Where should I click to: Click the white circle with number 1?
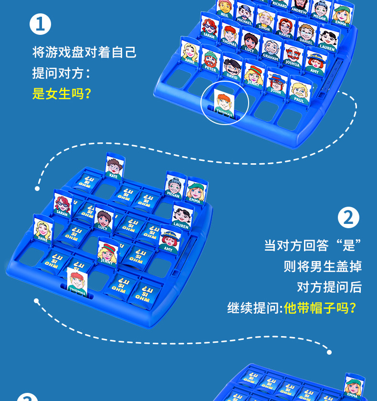pyautogui.click(x=40, y=24)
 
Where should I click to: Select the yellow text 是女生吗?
pyautogui.click(x=62, y=93)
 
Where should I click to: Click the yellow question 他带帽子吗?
pyautogui.click(x=320, y=307)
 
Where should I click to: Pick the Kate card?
pyautogui.click(x=114, y=168)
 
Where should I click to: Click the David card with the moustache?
pyautogui.click(x=232, y=70)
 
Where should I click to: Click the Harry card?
pyautogui.click(x=285, y=28)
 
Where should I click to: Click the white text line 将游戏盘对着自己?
pyautogui.click(x=84, y=52)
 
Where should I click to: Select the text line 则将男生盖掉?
pyautogui.click(x=323, y=266)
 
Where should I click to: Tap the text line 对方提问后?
pyautogui.click(x=329, y=286)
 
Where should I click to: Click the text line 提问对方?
pyautogui.click(x=61, y=73)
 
